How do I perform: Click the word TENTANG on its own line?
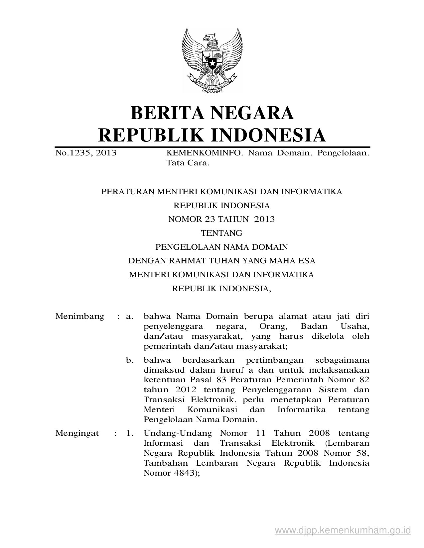point(222,233)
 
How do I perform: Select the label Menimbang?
point(80,316)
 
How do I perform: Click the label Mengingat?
point(77,433)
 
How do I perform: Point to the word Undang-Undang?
point(178,433)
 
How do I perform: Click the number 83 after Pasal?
point(221,380)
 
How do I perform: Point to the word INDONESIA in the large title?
point(269,135)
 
